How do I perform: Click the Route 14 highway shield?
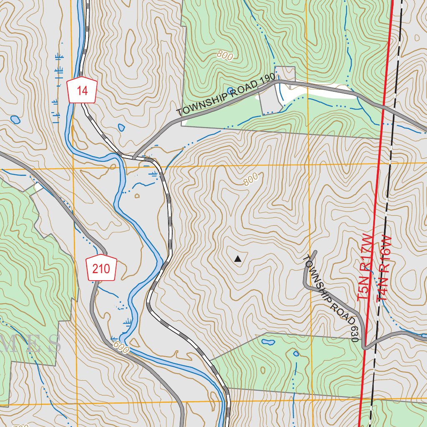click(x=82, y=90)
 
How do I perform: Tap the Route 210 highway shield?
click(x=101, y=268)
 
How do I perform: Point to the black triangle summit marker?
click(x=238, y=259)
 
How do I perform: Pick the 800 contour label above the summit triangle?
click(x=250, y=179)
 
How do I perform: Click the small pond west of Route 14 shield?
click(x=15, y=120)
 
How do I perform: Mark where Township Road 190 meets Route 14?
click(x=134, y=157)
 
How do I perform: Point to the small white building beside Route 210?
click(x=38, y=188)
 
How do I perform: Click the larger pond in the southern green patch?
click(x=267, y=342)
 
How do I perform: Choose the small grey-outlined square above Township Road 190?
click(x=285, y=73)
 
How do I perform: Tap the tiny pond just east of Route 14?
click(x=121, y=127)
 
